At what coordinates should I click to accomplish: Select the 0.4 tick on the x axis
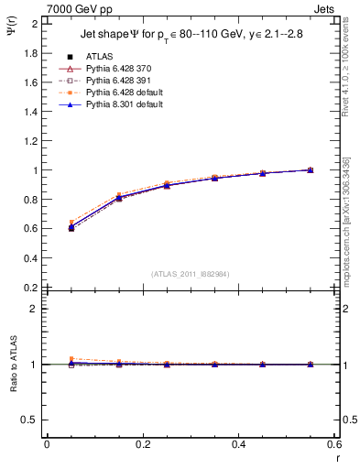point(238,444)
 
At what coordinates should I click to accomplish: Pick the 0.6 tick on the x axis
point(333,444)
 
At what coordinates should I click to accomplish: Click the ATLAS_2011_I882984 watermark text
point(191,274)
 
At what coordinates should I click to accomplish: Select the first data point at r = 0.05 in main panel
point(71,227)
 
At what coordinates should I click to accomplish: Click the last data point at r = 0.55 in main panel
point(310,170)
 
